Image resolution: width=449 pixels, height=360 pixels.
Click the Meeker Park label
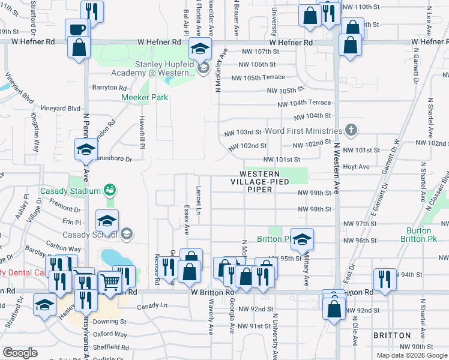pos(145,97)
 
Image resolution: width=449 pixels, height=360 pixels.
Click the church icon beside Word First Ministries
pos(351,130)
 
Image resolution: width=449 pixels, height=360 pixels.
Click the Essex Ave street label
pos(186,222)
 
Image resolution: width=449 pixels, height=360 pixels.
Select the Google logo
pos(19,353)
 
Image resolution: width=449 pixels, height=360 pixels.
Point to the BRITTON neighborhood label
pos(392,335)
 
